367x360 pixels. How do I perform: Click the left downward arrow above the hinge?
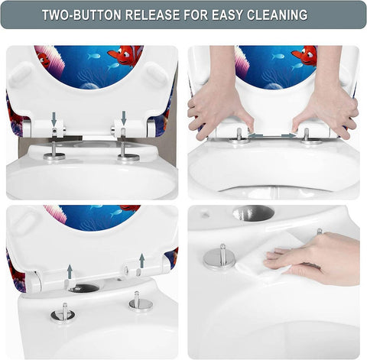point(54,119)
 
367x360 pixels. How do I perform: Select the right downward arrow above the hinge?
point(124,118)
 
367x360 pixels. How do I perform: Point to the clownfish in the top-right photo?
point(304,55)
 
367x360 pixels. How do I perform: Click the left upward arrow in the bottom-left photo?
point(70,271)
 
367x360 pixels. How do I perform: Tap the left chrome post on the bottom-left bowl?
point(64,311)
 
